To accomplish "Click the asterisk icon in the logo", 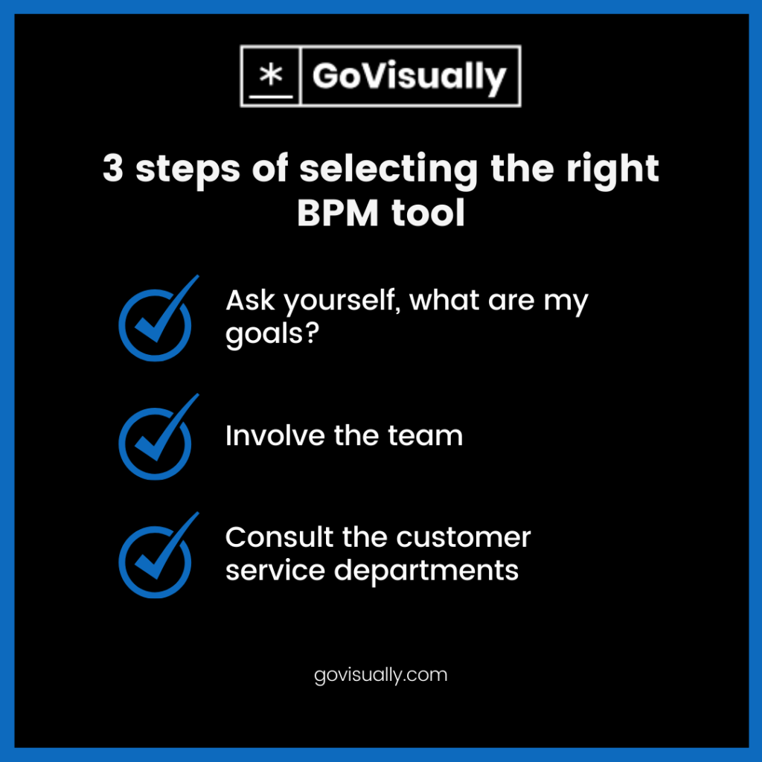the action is tap(271, 75).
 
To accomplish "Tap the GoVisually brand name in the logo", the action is tap(409, 77).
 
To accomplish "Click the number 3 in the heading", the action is tap(113, 168).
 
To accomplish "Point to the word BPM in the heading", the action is tap(338, 213).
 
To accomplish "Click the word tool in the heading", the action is tap(428, 212).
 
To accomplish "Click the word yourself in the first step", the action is tap(342, 302).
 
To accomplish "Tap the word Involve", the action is tap(275, 435).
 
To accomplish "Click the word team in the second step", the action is tap(425, 436).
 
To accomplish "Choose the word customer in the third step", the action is tap(463, 538).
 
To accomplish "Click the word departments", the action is tap(426, 571).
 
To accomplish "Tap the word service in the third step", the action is tap(275, 570).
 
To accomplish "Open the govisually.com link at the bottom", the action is tap(380, 676).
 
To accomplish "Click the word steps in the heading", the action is tap(188, 170).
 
